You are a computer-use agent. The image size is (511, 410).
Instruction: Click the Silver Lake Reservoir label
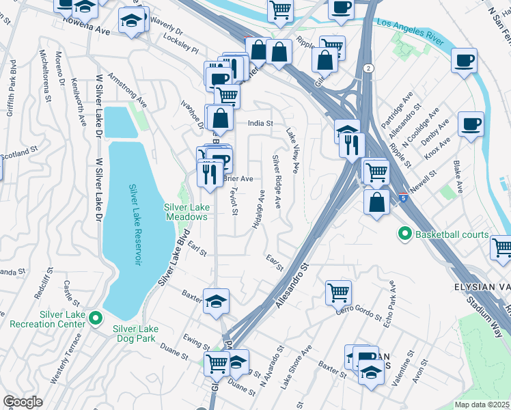coord(135,225)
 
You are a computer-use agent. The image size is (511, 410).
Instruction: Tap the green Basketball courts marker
coord(404,235)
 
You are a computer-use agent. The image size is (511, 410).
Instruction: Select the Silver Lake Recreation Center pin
coord(96,318)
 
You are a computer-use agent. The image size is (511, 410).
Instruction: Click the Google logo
coord(23,402)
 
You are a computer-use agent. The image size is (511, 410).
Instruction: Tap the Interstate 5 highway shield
coord(402,197)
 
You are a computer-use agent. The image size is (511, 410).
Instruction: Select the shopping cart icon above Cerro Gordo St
coord(338,292)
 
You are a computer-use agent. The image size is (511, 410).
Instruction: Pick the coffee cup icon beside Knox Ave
coord(471,125)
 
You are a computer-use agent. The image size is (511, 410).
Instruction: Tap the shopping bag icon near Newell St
coord(376,202)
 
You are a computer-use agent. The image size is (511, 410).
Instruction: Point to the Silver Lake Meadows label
coord(185,212)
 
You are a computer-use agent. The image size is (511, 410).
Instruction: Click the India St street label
coord(260,124)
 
